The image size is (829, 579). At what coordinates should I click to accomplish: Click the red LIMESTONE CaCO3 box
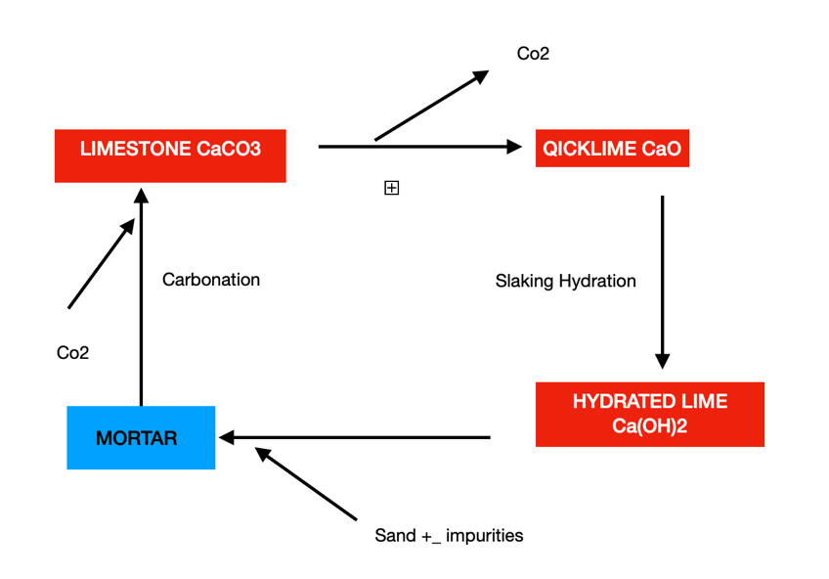pyautogui.click(x=170, y=155)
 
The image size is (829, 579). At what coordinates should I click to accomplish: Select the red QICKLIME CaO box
pyautogui.click(x=612, y=149)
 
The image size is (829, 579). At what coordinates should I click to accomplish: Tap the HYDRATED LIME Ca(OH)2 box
pyautogui.click(x=650, y=415)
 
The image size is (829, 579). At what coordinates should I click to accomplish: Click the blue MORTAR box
pyautogui.click(x=141, y=438)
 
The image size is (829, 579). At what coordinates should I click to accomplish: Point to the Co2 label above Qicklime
pyautogui.click(x=533, y=54)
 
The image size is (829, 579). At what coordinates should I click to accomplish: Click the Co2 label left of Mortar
pyautogui.click(x=72, y=353)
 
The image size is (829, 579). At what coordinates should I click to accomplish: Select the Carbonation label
pyautogui.click(x=211, y=280)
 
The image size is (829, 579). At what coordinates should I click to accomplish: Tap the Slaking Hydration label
pyautogui.click(x=565, y=282)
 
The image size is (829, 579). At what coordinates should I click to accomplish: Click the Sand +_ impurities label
pyautogui.click(x=449, y=536)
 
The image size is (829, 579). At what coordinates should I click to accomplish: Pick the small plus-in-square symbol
pyautogui.click(x=391, y=188)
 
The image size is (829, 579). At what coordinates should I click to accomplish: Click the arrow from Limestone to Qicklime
pyautogui.click(x=420, y=147)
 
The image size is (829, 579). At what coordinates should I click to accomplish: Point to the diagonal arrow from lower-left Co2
pyautogui.click(x=101, y=264)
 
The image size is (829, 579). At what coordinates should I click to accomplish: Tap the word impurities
pyautogui.click(x=485, y=536)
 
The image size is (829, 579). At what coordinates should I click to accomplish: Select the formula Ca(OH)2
pyautogui.click(x=650, y=426)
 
